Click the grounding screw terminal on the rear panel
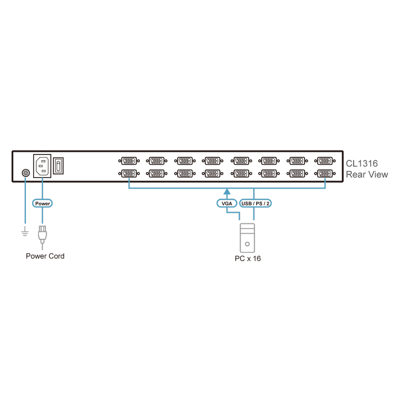click(26, 173)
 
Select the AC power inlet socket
click(42, 166)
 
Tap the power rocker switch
click(58, 166)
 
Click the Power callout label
click(43, 203)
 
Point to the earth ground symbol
click(25, 231)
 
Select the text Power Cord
click(45, 256)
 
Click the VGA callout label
click(227, 203)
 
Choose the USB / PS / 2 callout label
click(255, 203)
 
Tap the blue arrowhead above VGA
click(227, 192)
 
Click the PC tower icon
click(247, 238)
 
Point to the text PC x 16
click(248, 259)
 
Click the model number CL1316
click(362, 163)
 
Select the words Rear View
click(367, 175)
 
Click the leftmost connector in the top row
click(129, 161)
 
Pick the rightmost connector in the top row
click(325, 161)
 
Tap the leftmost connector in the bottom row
click(129, 174)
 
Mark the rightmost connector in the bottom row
click(325, 174)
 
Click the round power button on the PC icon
click(247, 244)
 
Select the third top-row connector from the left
click(185, 161)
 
